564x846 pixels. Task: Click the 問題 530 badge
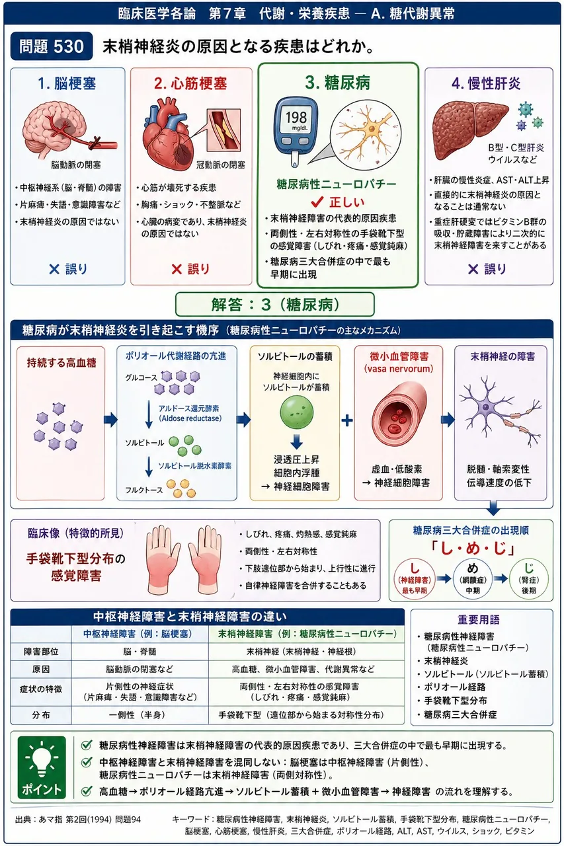click(x=52, y=46)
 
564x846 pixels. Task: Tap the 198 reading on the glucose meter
click(x=296, y=118)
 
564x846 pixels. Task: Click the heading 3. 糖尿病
click(x=338, y=83)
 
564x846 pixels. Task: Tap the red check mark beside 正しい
click(x=317, y=202)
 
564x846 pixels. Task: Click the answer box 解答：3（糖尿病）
click(x=275, y=304)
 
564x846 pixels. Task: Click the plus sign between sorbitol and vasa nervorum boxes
click(x=346, y=420)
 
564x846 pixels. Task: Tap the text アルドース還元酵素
click(x=188, y=408)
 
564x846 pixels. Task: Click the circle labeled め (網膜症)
click(x=472, y=578)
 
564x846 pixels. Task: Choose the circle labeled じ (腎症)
click(x=529, y=578)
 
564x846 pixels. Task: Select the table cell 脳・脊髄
click(x=140, y=652)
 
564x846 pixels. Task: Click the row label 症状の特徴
click(x=41, y=689)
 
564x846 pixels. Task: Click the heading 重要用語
click(x=478, y=620)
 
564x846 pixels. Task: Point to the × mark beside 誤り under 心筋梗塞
click(x=177, y=269)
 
